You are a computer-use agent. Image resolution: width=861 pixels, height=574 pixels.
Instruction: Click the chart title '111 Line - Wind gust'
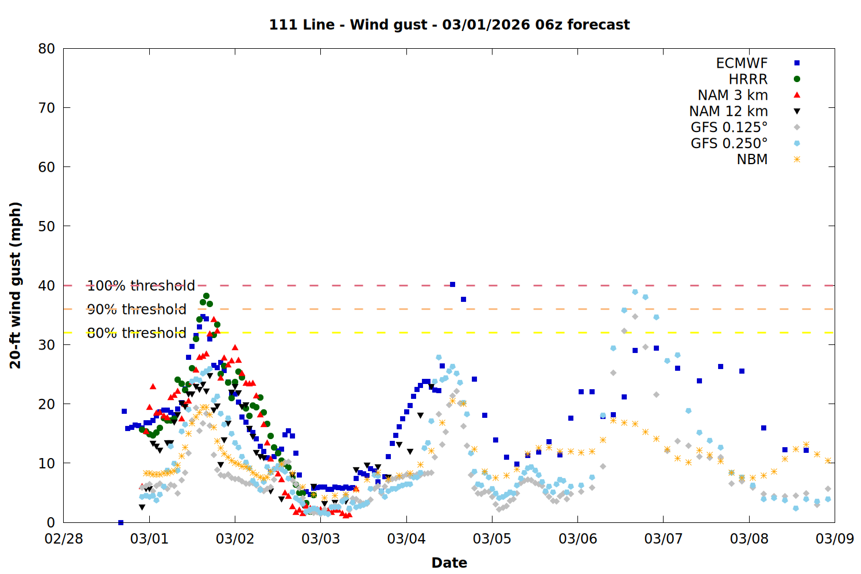[x=449, y=25]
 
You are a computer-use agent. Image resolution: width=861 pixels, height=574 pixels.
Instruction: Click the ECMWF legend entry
[x=742, y=63]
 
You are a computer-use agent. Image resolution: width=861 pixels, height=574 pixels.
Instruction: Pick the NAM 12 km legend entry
[x=728, y=111]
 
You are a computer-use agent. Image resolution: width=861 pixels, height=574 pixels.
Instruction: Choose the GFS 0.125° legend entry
[x=729, y=127]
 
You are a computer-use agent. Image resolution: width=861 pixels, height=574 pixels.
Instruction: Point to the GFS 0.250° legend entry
[x=729, y=143]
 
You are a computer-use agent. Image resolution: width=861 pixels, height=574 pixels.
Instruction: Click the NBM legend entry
[x=752, y=160]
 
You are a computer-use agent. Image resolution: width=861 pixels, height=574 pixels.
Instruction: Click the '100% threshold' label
[x=141, y=285]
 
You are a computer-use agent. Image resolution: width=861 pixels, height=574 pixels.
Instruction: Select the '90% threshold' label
[x=137, y=309]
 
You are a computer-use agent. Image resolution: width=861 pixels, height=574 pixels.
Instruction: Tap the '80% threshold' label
[x=137, y=333]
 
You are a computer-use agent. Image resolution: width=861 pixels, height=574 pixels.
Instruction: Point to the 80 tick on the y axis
[x=46, y=49]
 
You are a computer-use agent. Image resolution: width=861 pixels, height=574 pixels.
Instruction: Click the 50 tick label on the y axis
[x=46, y=226]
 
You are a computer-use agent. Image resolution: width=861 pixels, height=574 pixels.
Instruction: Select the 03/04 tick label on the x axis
[x=406, y=539]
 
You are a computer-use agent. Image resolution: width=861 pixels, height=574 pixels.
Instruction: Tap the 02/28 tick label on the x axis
[x=64, y=539]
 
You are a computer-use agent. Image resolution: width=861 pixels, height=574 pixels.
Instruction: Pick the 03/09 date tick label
[x=835, y=539]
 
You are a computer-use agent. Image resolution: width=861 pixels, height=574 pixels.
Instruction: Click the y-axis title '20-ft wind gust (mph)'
[x=15, y=285]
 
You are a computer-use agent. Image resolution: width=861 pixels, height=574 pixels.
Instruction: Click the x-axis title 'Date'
[x=449, y=563]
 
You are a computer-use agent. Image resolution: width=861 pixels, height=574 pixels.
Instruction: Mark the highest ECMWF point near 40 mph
[x=452, y=285]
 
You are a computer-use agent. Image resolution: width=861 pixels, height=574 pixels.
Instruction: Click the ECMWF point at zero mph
[x=121, y=522]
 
